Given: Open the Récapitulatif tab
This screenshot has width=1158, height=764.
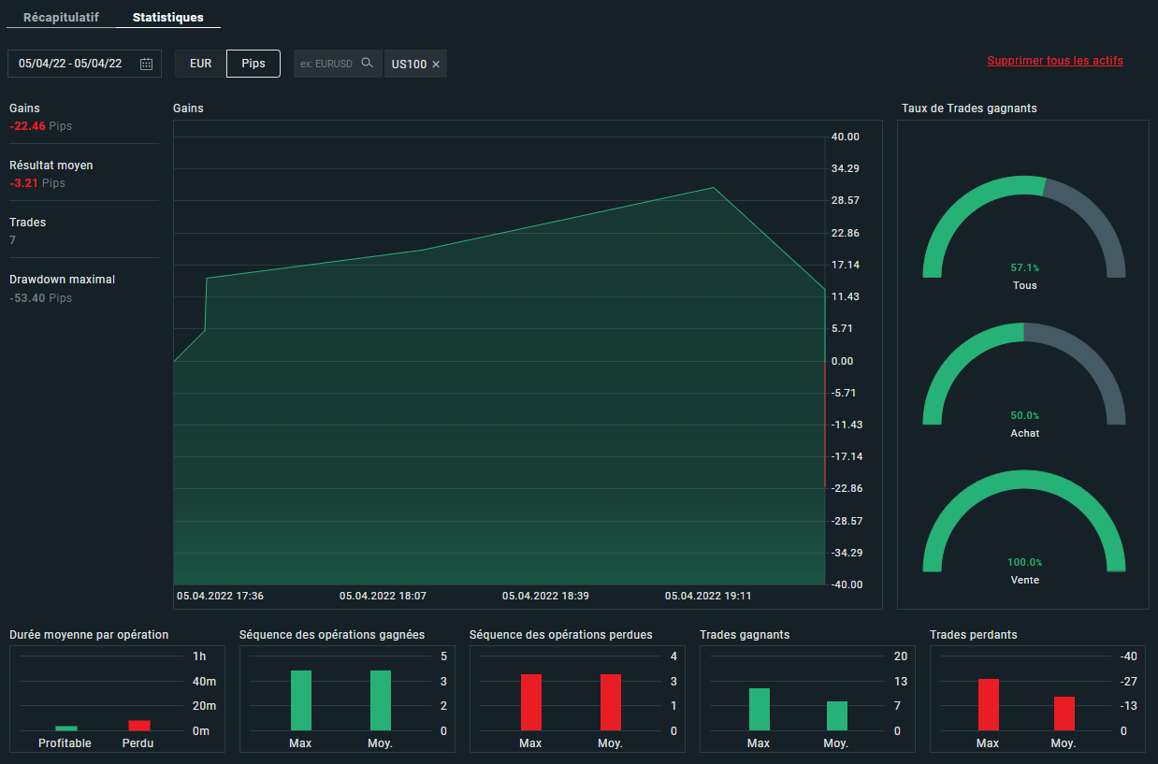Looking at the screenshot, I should click(60, 18).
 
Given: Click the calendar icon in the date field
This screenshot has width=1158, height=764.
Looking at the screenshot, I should click(146, 64).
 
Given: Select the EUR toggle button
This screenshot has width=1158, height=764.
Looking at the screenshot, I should click(200, 64).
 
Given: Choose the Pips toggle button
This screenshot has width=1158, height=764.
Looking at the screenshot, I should click(253, 64).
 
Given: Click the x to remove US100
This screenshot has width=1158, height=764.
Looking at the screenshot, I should click(436, 65).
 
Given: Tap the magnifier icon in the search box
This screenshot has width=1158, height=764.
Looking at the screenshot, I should click(368, 64).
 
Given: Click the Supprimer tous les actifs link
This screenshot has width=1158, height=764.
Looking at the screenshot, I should click(1055, 61).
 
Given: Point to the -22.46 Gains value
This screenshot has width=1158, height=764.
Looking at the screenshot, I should click(27, 126).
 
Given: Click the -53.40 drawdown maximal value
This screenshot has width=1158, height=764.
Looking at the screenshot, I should click(27, 298).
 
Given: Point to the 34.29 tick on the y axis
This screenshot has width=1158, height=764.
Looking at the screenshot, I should click(845, 168).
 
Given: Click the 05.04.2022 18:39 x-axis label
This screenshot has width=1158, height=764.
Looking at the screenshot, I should click(545, 596).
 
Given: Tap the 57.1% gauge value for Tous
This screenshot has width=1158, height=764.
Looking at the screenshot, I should click(1024, 268).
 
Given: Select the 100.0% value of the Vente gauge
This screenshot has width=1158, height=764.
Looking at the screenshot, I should click(1024, 563).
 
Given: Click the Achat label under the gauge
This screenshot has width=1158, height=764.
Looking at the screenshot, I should click(1024, 433).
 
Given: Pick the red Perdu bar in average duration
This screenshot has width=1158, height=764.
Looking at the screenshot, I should click(138, 726).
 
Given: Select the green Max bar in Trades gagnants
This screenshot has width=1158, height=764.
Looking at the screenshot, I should click(760, 710).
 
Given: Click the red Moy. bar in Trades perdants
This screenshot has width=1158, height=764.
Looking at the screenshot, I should click(1064, 714).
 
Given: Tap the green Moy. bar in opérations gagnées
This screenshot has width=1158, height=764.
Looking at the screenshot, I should click(381, 700).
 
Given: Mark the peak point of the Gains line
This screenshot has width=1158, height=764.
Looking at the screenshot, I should click(714, 188).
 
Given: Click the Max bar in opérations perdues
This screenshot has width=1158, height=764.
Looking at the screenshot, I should click(531, 702).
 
